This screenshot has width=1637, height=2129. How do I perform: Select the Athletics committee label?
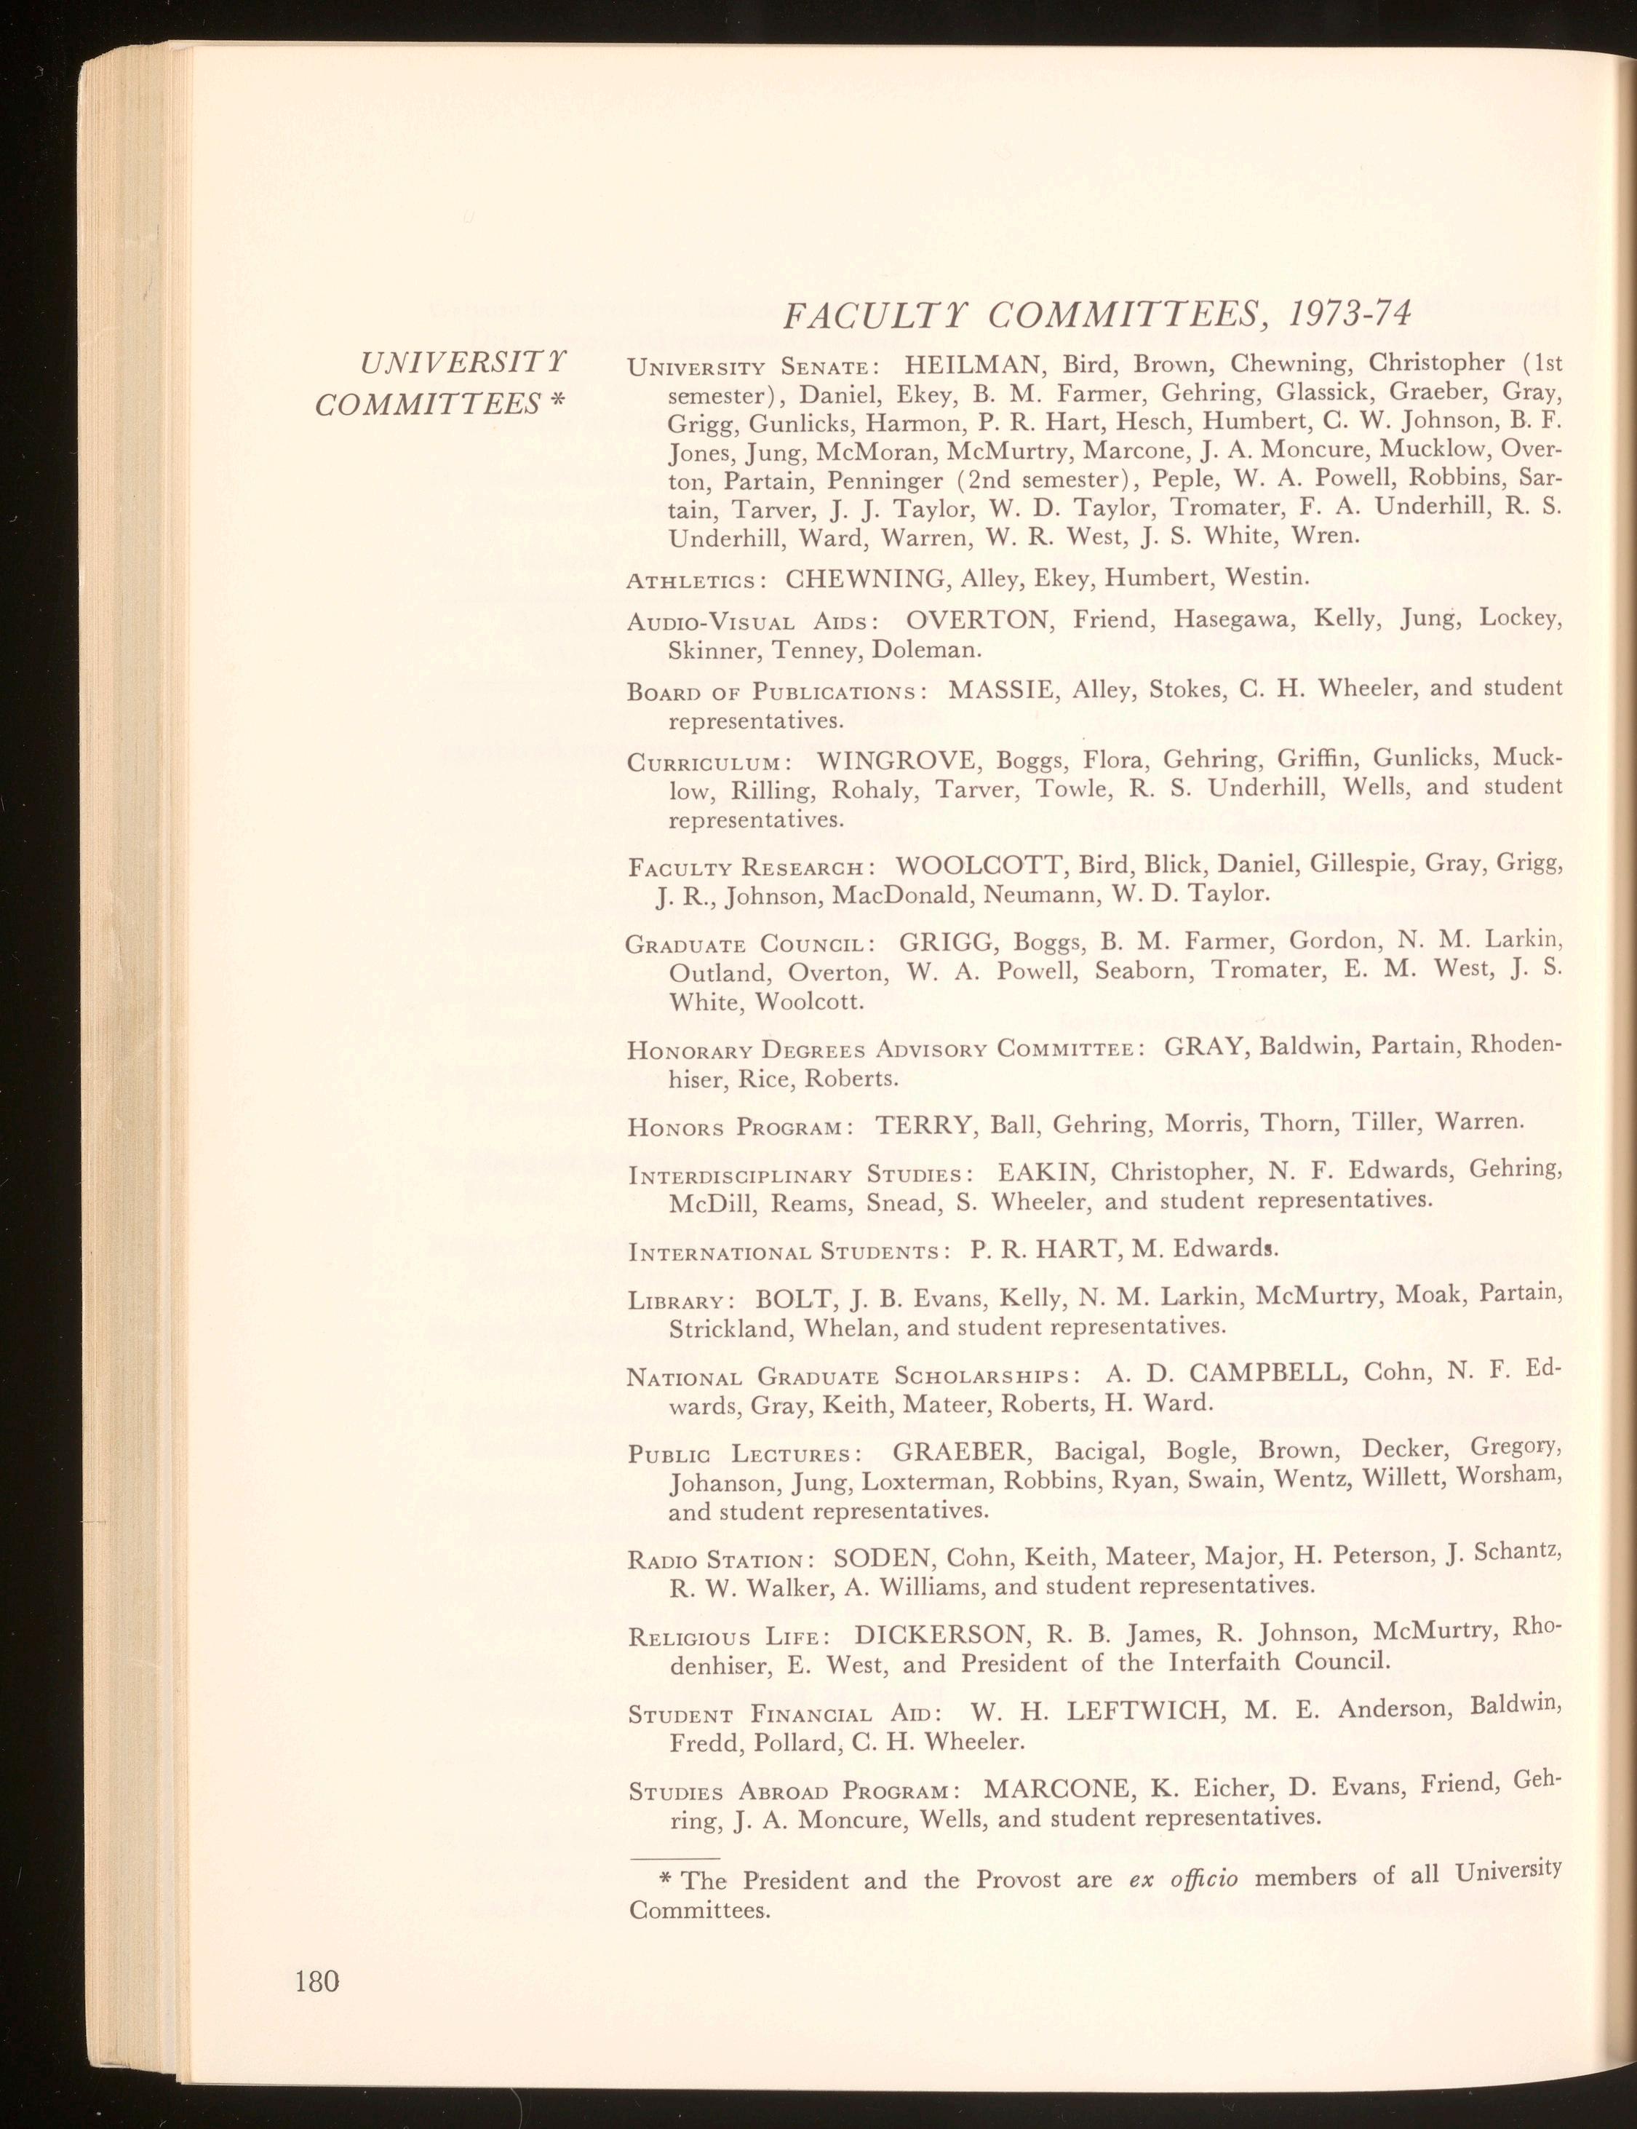click(693, 583)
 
